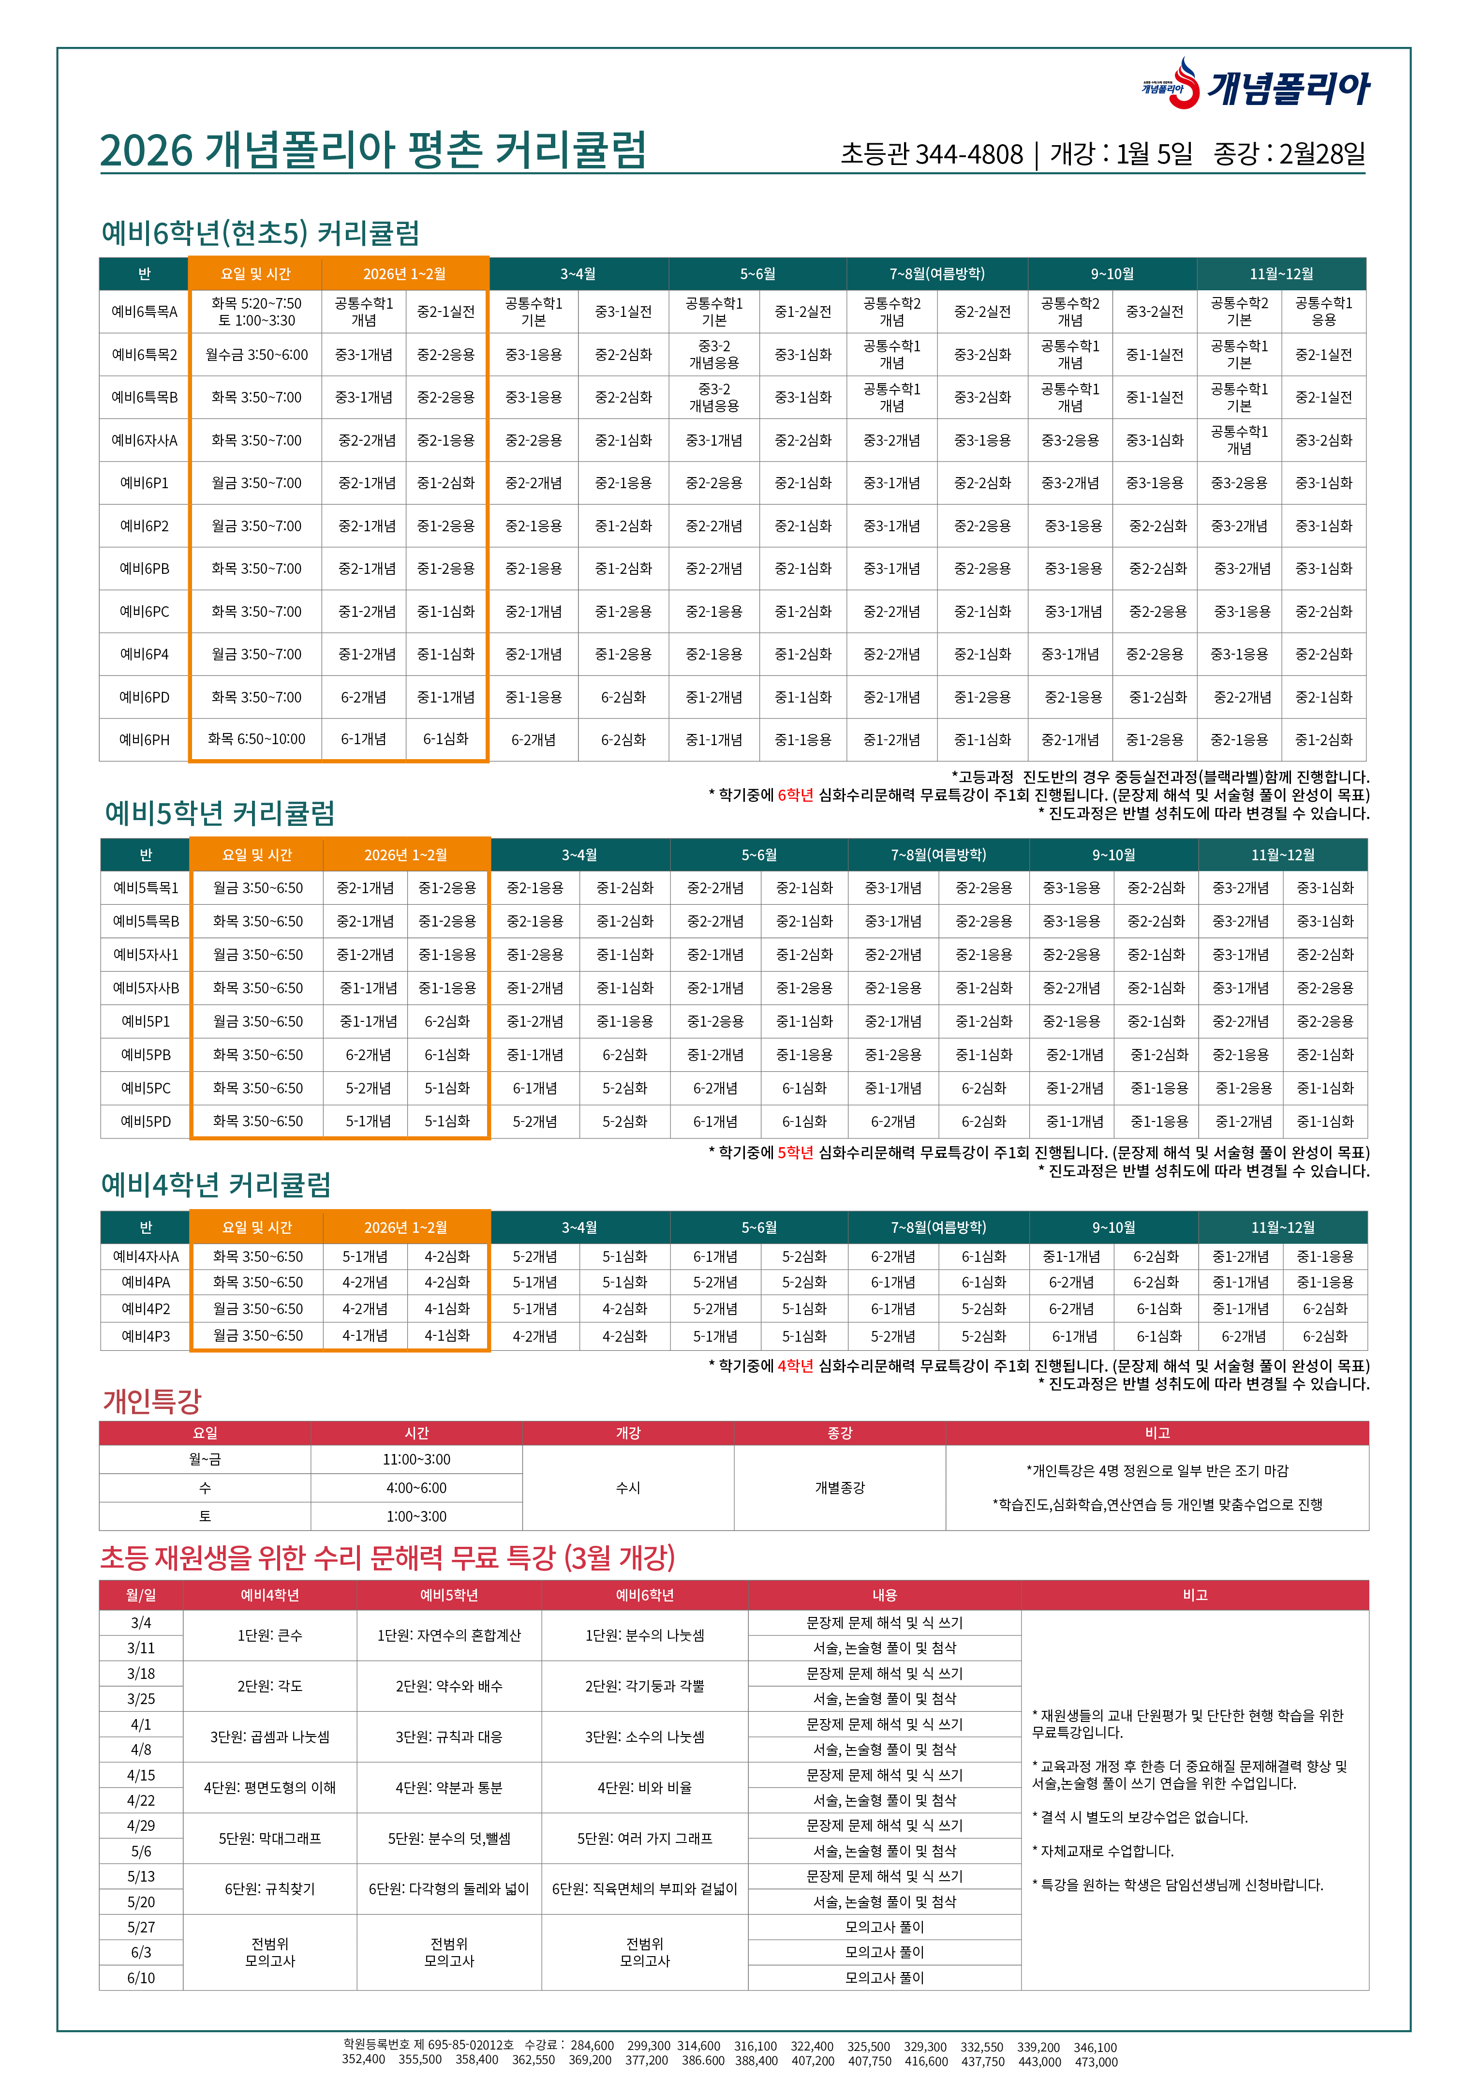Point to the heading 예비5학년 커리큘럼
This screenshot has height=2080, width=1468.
pyautogui.click(x=220, y=813)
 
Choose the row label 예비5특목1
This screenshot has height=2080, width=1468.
pyautogui.click(x=146, y=888)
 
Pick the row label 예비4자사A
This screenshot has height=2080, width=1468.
pyautogui.click(x=146, y=1257)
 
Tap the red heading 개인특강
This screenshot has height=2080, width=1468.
pyautogui.click(x=152, y=1401)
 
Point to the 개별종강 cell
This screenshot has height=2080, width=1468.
pyautogui.click(x=840, y=1487)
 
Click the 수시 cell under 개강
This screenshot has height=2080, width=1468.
pyautogui.click(x=628, y=1487)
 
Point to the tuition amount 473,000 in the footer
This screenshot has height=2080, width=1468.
pyautogui.click(x=1095, y=2062)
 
